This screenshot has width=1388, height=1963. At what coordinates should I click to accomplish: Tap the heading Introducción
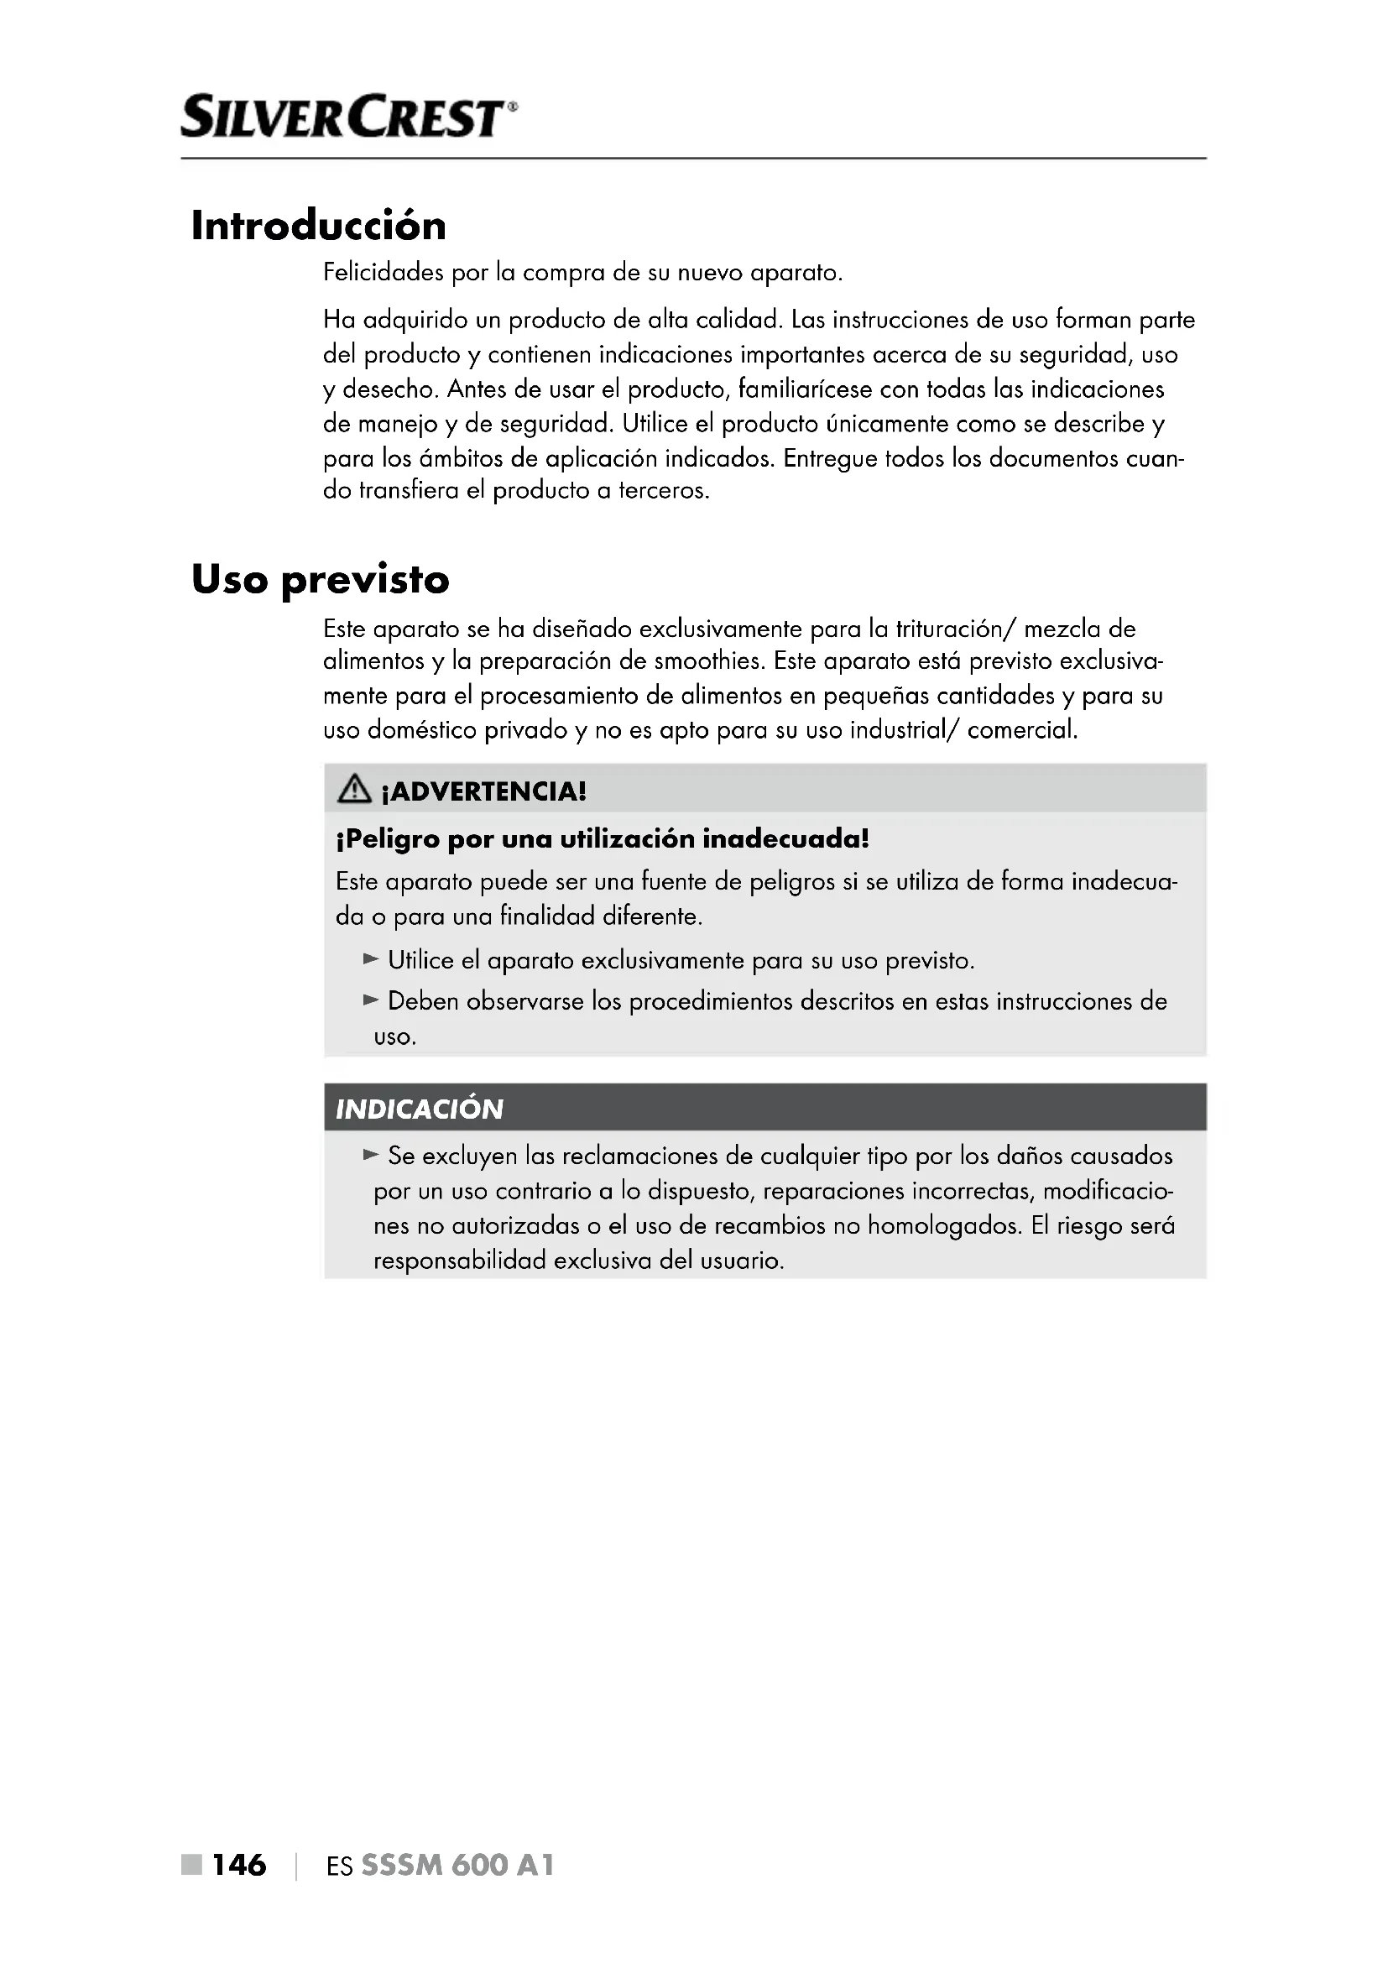(318, 226)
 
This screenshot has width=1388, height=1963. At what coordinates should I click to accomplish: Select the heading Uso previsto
(320, 579)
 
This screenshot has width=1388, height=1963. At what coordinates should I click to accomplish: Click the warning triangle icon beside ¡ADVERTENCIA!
(354, 790)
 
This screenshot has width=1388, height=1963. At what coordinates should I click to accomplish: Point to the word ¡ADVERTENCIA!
(483, 791)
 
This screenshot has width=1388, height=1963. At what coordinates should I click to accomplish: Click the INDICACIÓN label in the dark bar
(419, 1109)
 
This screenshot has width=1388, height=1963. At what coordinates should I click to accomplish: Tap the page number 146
(238, 1865)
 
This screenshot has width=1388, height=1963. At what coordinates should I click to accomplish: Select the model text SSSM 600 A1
(457, 1865)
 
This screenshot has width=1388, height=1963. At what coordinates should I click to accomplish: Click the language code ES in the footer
(339, 1866)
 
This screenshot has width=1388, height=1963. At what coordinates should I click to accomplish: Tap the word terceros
(663, 491)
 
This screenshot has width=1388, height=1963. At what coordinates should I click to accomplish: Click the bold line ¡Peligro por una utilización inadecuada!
(602, 838)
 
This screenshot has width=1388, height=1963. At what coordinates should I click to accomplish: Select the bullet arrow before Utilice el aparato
(370, 959)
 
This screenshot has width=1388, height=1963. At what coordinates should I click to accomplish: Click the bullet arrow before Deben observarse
(370, 1000)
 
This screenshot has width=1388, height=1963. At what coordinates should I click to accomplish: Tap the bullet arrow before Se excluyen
(370, 1155)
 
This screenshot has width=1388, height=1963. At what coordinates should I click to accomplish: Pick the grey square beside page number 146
(191, 1865)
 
